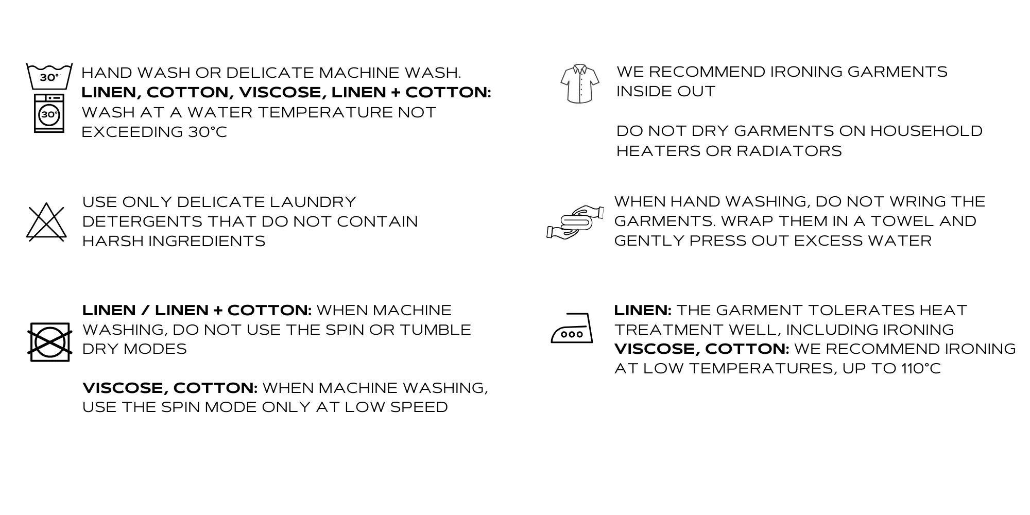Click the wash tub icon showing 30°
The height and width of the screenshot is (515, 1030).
click(x=49, y=76)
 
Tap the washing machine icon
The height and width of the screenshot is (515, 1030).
click(x=49, y=113)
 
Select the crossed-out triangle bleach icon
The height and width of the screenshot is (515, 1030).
click(x=46, y=222)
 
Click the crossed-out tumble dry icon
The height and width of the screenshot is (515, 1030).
click(x=49, y=342)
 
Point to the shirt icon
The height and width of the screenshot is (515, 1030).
click(x=580, y=83)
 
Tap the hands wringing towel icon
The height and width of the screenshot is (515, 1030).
click(x=575, y=222)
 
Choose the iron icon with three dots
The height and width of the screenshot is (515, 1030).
click(x=572, y=328)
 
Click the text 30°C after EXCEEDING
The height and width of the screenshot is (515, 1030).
click(x=208, y=132)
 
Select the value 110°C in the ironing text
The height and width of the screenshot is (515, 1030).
click(x=921, y=369)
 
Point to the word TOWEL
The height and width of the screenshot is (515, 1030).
click(x=900, y=221)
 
